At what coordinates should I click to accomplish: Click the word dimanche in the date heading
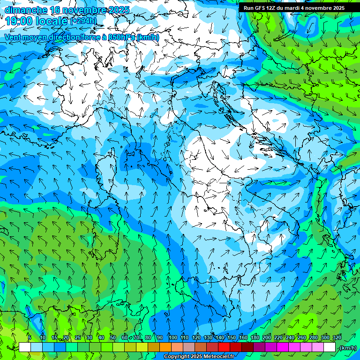[26, 10]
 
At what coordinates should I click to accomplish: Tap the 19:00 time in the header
[19, 21]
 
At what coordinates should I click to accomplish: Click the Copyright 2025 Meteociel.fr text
[199, 357]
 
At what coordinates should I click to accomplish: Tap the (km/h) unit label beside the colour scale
[348, 348]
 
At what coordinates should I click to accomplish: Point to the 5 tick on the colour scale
[29, 337]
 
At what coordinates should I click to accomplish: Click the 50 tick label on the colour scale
[112, 337]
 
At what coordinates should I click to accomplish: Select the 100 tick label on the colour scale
[172, 337]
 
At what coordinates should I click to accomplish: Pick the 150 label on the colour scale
[232, 337]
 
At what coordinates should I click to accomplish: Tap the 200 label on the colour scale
[267, 337]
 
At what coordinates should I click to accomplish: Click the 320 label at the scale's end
[337, 337]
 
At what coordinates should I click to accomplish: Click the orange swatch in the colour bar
[165, 347]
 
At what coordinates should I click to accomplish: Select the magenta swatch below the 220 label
[283, 347]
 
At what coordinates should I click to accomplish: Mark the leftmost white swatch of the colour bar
[25, 347]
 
